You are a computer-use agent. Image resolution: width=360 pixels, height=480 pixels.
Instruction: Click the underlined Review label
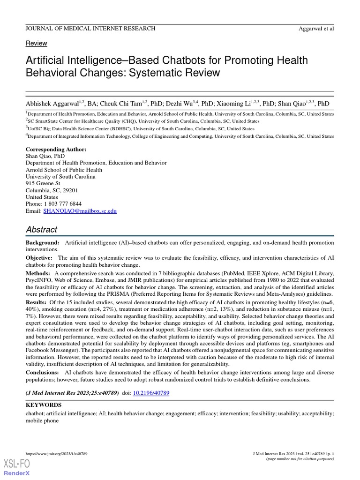36,43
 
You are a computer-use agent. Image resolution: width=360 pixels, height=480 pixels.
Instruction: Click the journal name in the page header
90,29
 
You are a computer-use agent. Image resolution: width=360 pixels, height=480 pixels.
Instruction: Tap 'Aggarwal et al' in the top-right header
316,29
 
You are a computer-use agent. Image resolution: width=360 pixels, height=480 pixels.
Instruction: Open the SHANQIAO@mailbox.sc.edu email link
80,211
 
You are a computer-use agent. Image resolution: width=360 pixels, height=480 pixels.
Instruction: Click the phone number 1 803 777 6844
62,204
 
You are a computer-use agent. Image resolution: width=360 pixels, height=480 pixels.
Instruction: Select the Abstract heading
41,230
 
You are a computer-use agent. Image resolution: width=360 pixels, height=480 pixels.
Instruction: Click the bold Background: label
42,243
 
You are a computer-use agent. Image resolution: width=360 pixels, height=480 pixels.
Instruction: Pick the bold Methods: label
37,273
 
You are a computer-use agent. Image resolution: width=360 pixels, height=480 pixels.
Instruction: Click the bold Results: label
37,302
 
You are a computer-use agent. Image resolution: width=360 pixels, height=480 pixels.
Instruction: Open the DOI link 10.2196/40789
151,393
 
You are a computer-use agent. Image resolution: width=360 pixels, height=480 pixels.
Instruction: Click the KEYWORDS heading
43,405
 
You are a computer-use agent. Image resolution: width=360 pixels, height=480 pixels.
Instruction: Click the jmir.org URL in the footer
56,454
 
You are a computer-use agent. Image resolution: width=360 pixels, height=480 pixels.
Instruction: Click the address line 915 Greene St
43,184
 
